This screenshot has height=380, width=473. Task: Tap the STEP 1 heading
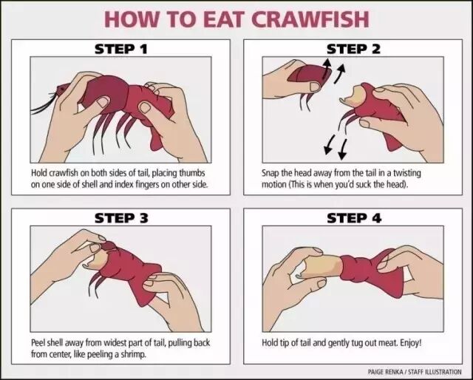pos(121,50)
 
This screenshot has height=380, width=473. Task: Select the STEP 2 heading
pos(353,50)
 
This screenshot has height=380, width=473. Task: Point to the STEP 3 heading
pos(121,218)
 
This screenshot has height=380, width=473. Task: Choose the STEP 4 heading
pos(354,218)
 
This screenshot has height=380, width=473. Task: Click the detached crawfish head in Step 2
pos(307,77)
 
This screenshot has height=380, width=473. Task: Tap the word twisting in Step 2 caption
pos(406,173)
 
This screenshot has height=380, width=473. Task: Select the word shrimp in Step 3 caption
pos(133,353)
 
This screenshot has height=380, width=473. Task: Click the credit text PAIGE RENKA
pos(385,372)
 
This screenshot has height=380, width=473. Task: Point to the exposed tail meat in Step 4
pos(321,265)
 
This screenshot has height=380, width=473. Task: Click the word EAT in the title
pos(223,19)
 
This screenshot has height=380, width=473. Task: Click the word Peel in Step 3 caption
pos(38,342)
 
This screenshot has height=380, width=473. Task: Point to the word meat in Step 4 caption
pos(387,343)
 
